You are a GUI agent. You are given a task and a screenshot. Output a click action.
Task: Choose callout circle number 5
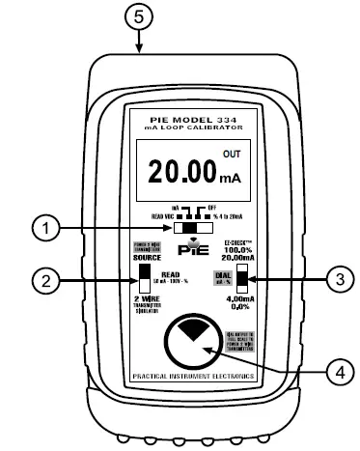pos(140,17)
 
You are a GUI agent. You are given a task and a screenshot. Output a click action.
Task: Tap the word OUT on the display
pos(233,154)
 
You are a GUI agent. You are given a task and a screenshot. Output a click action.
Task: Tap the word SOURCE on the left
pos(145,260)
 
